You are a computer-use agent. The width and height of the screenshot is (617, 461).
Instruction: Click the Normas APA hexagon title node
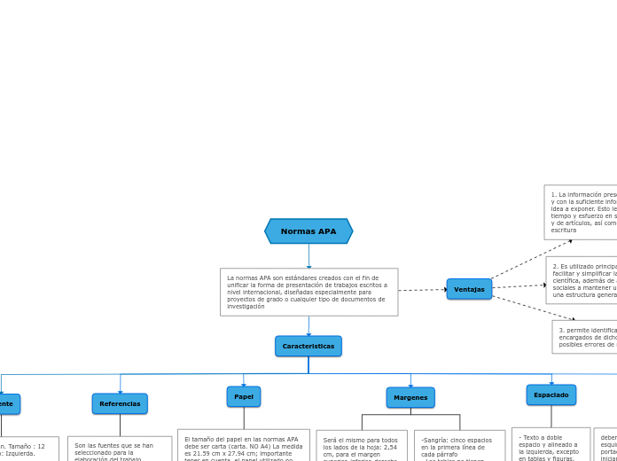point(308,231)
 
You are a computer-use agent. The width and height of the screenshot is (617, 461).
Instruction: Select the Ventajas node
point(469,289)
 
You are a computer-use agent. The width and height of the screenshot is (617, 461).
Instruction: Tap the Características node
point(308,346)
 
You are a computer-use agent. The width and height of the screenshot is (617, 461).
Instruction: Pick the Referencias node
point(120,403)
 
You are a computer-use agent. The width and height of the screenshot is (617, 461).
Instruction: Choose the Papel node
point(244,396)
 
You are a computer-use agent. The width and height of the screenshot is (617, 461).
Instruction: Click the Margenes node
point(410,397)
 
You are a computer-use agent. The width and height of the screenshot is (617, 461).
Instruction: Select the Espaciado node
point(551,395)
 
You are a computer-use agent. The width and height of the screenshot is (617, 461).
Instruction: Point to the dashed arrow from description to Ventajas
point(422,290)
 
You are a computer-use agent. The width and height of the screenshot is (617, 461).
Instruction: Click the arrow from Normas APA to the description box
point(308,256)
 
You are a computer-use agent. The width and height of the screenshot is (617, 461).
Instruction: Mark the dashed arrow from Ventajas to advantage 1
point(532,259)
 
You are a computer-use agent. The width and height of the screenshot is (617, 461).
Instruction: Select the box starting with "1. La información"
point(582,212)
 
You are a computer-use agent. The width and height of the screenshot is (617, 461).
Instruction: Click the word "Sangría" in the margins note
point(435,440)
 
